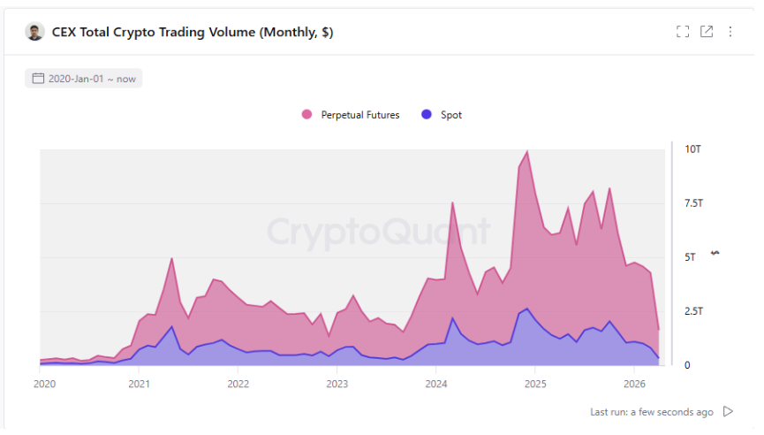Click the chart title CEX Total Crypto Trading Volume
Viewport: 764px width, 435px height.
click(193, 33)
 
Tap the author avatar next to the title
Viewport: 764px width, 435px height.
click(34, 32)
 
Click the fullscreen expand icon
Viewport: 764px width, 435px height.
click(683, 32)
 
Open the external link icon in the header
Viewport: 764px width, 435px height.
click(707, 32)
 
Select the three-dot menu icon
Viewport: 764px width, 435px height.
click(730, 32)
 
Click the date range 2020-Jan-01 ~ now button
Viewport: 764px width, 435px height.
click(84, 79)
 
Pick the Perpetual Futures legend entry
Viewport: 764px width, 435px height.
click(352, 115)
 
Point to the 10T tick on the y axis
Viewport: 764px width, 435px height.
click(692, 149)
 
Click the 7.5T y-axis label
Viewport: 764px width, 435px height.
click(694, 203)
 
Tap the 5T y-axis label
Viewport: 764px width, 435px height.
click(690, 257)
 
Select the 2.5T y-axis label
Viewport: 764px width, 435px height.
click(694, 311)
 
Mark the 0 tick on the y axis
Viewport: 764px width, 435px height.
click(687, 365)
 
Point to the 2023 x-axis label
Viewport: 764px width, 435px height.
click(337, 385)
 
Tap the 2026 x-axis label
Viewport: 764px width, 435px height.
click(633, 385)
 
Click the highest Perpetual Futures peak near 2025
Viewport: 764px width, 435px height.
click(527, 152)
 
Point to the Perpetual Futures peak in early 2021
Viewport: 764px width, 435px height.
click(171, 259)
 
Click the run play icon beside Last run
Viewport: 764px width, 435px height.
click(729, 412)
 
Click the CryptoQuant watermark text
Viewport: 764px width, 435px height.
click(378, 232)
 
